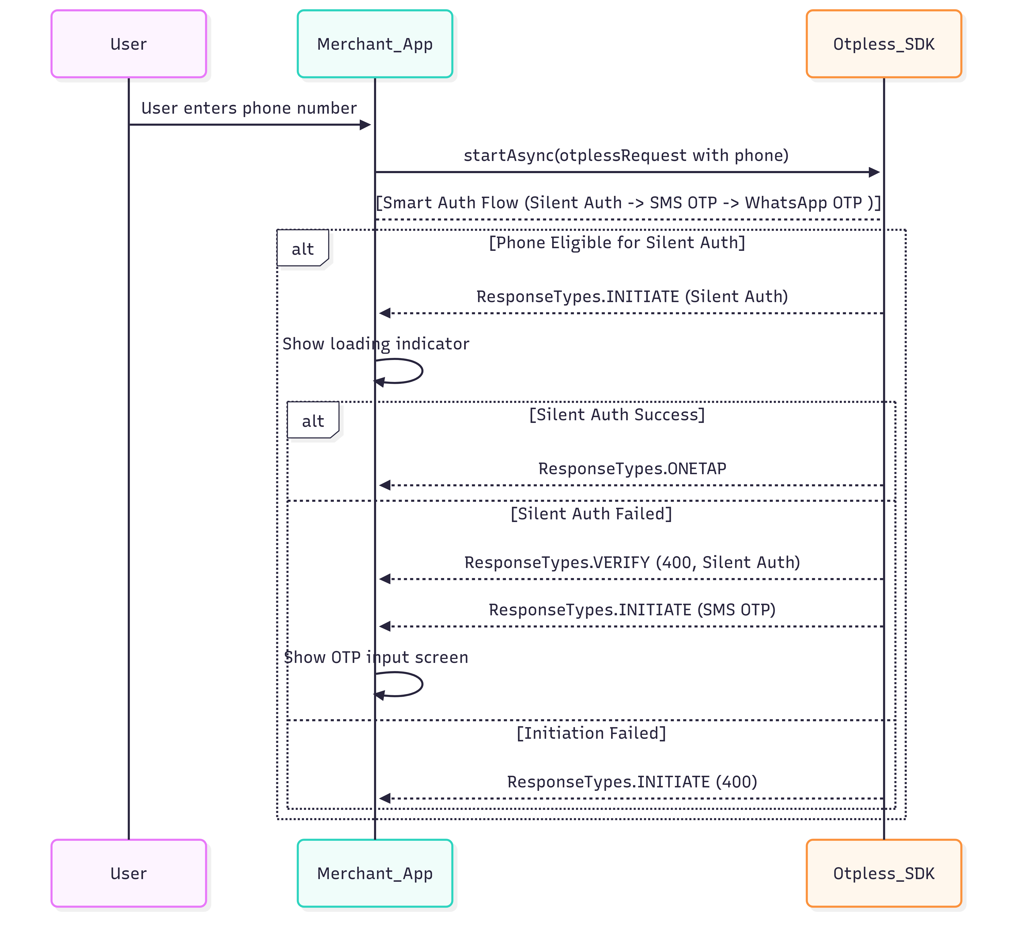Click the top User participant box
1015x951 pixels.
coord(129,44)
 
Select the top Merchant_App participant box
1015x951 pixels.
coord(375,44)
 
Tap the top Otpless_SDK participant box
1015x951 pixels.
coord(884,44)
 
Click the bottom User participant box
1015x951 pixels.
coord(129,873)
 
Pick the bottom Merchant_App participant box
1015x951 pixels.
coord(375,873)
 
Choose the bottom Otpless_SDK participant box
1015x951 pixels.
coord(884,873)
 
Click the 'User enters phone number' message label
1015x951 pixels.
coord(249,108)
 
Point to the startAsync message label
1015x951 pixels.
coord(626,155)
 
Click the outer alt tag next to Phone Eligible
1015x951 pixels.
coord(303,249)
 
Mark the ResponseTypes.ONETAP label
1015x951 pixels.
coord(632,469)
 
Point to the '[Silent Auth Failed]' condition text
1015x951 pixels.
coord(591,514)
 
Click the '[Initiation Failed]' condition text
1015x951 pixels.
coord(591,733)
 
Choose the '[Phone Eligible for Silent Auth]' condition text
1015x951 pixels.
coord(617,242)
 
